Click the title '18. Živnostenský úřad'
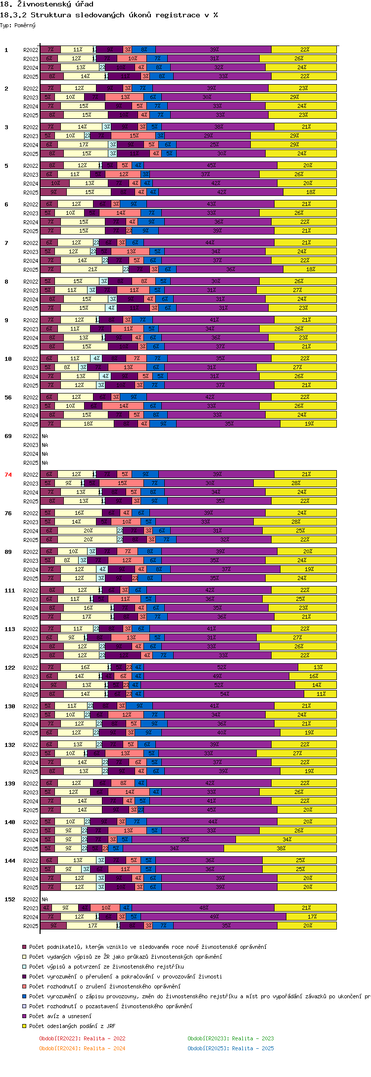coord(46,4)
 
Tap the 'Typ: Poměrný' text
coord(18,25)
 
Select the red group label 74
coord(8,475)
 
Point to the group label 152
coord(9,899)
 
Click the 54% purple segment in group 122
coord(225,694)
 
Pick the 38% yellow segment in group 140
coord(280,848)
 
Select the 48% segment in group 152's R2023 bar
coord(203,908)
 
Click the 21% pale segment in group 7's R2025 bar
coord(92,269)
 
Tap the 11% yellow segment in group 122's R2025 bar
coord(321,694)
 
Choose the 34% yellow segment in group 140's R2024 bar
coord(286,839)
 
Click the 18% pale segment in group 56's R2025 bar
coord(88,424)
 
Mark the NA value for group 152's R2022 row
coord(45,899)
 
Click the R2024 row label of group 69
coord(31,454)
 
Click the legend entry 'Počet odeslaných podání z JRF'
coord(72,1026)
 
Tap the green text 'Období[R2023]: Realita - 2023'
coord(231,1038)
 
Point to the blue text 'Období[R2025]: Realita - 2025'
coord(231,1048)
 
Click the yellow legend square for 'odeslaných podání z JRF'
coord(24,1026)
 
